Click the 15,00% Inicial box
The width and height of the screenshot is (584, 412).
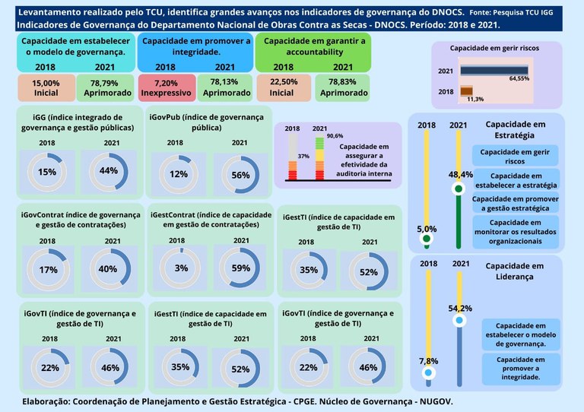coord(46,87)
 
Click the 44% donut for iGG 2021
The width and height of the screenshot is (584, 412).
coord(109,171)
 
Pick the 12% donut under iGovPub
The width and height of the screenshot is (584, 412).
coord(179,174)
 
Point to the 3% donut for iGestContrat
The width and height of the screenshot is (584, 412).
coord(181,268)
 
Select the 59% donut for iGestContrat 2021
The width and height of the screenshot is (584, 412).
coord(241,268)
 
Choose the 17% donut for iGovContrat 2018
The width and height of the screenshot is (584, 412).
coord(48,270)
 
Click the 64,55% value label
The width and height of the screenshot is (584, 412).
coord(519,78)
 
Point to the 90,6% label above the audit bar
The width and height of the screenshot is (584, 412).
coord(335,135)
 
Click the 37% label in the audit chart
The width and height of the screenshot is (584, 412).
coord(303,156)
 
